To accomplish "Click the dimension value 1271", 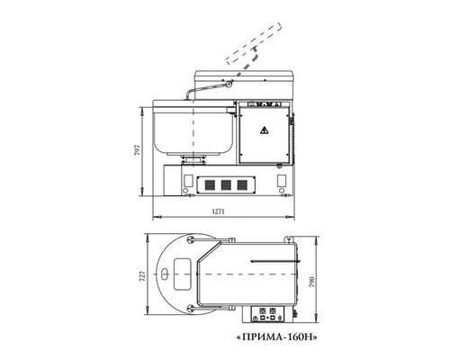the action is tap(219, 211).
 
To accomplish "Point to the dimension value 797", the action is tap(138, 150).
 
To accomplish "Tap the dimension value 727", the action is tap(143, 275).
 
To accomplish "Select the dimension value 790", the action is tap(312, 283).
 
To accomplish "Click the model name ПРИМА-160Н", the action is tap(277, 337).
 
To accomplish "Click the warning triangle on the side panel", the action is tap(265, 130).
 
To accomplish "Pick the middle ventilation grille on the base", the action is tap(226, 184).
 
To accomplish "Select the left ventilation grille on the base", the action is tap(210, 184).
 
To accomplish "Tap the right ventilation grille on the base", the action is tap(242, 184).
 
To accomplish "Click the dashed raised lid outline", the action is tap(254, 43).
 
